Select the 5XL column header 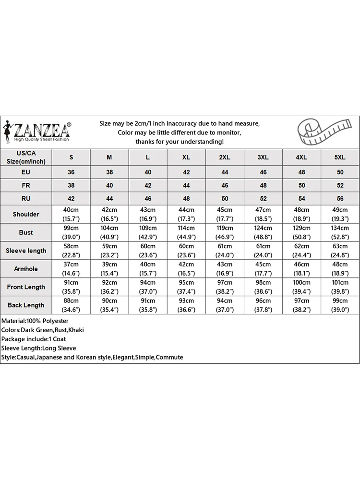coord(340,157)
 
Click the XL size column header coord(186,157)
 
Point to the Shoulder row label coord(26,214)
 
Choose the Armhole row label coord(26,269)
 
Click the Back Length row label coord(26,305)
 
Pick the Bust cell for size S coord(72,232)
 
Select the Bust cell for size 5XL coord(340,232)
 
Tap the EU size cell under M coord(109,172)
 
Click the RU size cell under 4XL coord(301,198)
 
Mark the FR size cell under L coord(148,185)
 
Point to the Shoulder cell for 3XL coord(263,214)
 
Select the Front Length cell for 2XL coord(225,287)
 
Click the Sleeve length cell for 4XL coord(301,251)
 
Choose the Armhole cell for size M coord(109,269)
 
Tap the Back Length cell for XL coord(186,305)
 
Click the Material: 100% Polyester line coord(35,321)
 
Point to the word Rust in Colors coord(60,330)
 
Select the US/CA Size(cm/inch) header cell coord(26,157)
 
